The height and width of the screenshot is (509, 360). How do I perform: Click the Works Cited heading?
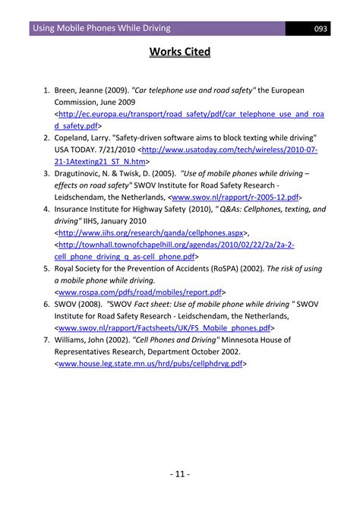(x=179, y=52)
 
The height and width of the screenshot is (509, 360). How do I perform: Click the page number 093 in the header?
(x=321, y=29)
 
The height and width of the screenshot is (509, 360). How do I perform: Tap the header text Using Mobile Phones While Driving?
(x=101, y=29)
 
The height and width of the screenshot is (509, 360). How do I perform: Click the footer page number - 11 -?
(x=180, y=475)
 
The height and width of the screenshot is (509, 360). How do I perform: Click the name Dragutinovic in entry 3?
(x=84, y=174)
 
